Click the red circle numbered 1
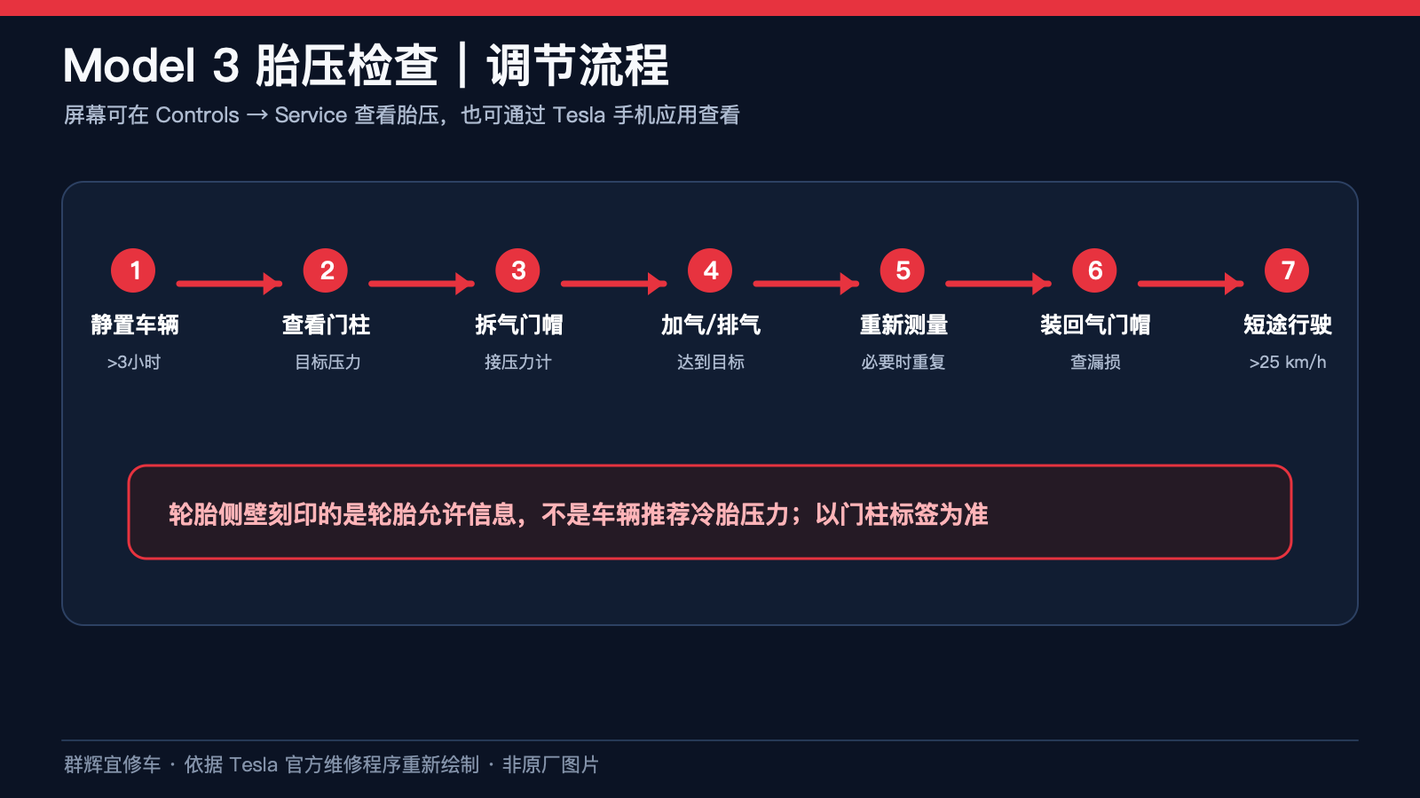133,270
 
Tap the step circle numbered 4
710,270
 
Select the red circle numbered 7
1287,270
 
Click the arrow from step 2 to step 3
422,283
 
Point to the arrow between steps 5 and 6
998,283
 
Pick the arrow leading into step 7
1190,283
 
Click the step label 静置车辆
134,325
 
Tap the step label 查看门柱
326,325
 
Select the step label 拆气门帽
518,325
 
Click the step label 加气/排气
711,325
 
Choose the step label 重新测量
903,325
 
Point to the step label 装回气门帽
1095,325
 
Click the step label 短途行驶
1288,325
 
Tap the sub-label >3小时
134,363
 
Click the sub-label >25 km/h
1288,363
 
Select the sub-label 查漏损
1095,363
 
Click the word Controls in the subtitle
197,115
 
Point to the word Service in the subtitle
311,115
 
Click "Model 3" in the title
151,66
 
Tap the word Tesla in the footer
253,765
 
